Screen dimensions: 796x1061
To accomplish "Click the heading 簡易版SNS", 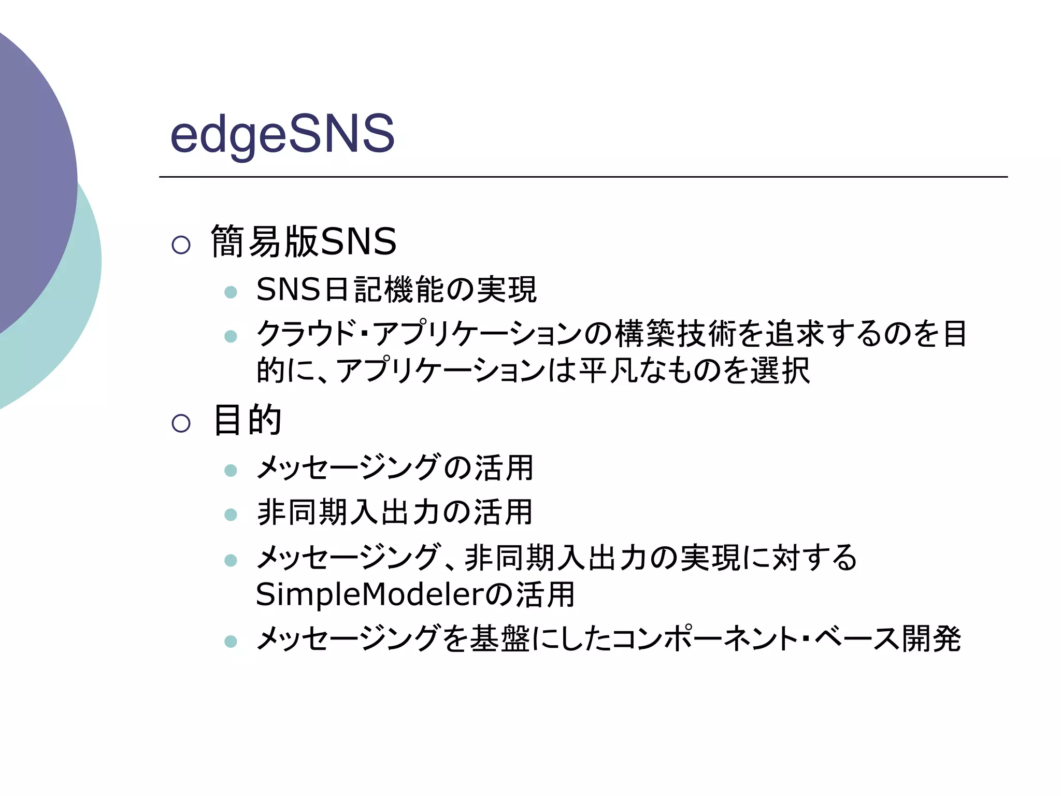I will tap(304, 241).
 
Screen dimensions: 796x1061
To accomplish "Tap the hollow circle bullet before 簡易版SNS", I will tap(181, 245).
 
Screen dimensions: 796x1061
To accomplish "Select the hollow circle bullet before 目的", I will tap(181, 423).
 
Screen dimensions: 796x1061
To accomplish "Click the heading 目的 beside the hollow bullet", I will tap(248, 420).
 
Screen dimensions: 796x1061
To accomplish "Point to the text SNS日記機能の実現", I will tap(396, 289).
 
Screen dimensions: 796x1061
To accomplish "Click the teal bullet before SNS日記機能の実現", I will tap(231, 292).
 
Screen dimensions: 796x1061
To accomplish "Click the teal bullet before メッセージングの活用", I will tap(231, 471).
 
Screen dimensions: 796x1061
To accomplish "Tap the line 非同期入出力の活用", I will tap(395, 512).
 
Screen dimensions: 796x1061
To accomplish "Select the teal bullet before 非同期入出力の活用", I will tap(231, 515).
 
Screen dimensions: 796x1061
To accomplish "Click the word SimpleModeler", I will tap(370, 594).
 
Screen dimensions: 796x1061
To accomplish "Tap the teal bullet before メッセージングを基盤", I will tap(231, 642).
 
